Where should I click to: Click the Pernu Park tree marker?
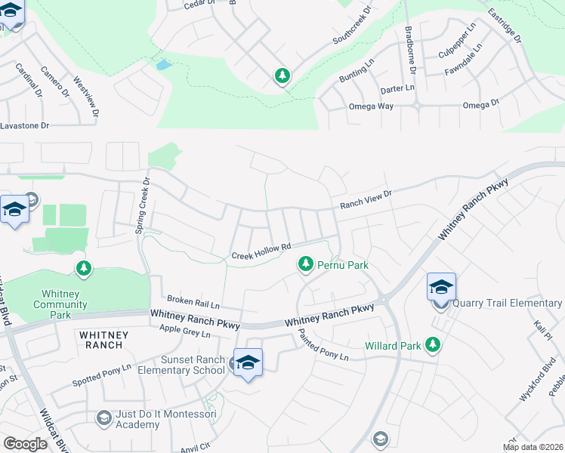[306, 264]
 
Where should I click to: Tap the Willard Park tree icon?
[433, 345]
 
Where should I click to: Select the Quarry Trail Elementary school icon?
[441, 288]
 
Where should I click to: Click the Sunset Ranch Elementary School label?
[193, 366]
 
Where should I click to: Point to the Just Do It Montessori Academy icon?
[104, 418]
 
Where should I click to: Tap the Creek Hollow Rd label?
[261, 250]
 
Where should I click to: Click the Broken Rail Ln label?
[193, 304]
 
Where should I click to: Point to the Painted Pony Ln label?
[323, 346]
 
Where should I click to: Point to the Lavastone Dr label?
[24, 126]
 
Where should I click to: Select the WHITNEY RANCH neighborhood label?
[100, 339]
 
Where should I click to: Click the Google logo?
[26, 444]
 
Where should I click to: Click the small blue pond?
[163, 64]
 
